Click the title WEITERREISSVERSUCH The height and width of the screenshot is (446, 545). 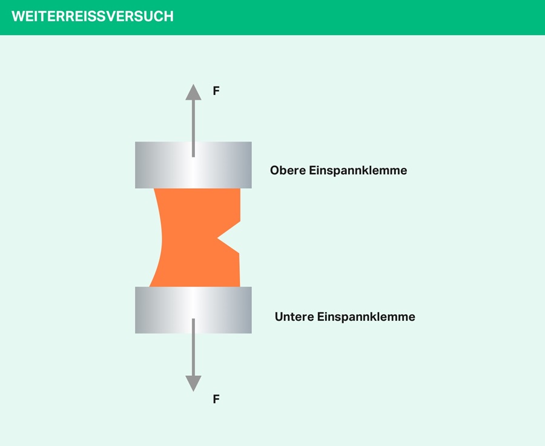[x=92, y=17]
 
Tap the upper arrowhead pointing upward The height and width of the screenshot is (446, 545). [x=193, y=93]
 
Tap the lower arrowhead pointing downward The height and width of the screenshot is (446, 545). [x=193, y=383]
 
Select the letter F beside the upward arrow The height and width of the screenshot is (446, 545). [x=216, y=91]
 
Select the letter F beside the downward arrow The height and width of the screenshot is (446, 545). [x=216, y=399]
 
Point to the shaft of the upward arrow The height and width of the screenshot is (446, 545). [x=193, y=127]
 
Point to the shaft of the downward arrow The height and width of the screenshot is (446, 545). [x=193, y=348]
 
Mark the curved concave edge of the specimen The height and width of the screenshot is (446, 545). [x=161, y=237]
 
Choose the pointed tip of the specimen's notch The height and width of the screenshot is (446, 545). [x=217, y=237]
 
